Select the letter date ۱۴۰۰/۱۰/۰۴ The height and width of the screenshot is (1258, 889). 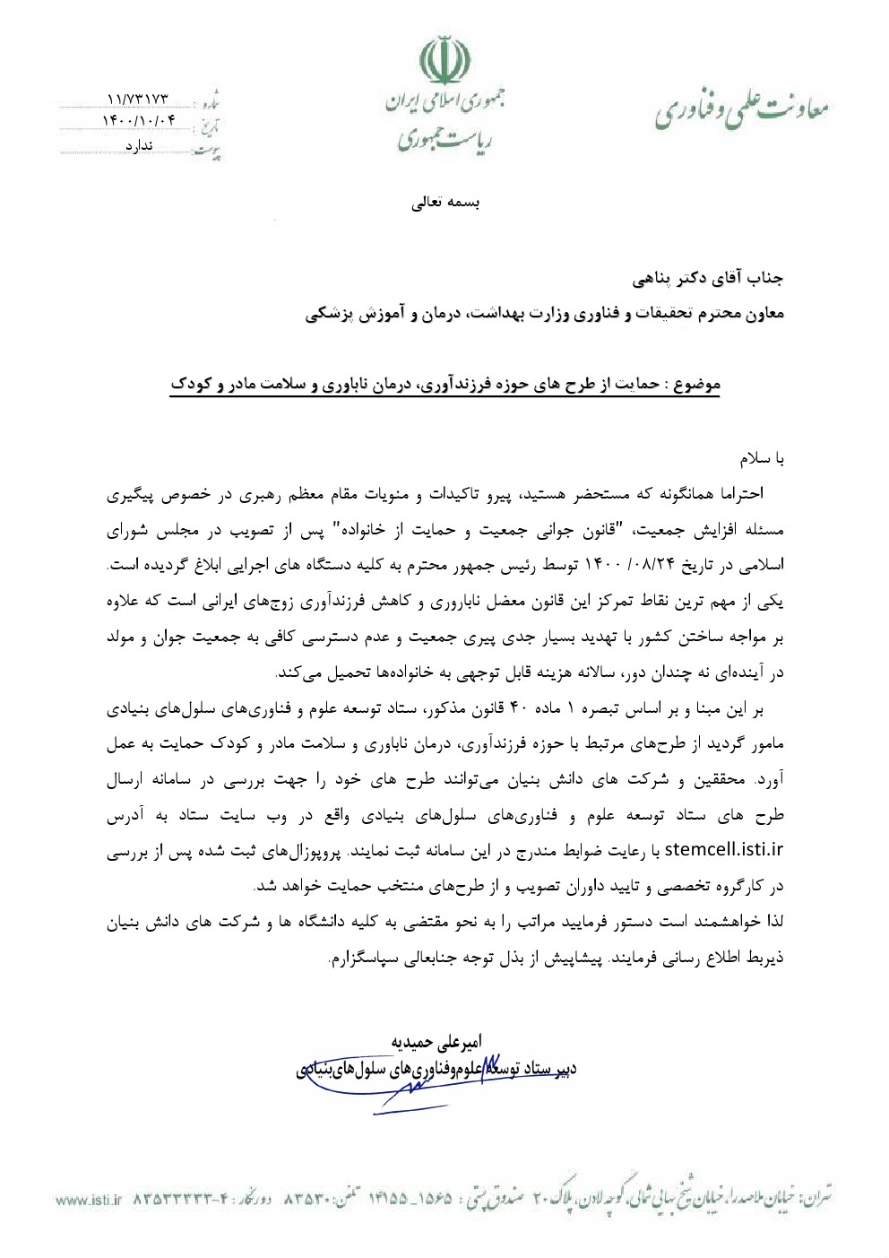click(142, 121)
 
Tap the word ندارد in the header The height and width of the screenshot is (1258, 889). click(139, 145)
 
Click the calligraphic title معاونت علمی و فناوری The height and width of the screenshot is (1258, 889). click(740, 108)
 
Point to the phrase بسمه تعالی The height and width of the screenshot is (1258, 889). click(445, 203)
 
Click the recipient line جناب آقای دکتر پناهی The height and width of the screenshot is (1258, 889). click(708, 279)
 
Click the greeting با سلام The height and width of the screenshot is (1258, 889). click(762, 458)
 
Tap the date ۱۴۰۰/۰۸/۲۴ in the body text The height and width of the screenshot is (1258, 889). click(619, 565)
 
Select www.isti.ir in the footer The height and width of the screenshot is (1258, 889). click(88, 1200)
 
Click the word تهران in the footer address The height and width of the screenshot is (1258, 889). click(816, 1198)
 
